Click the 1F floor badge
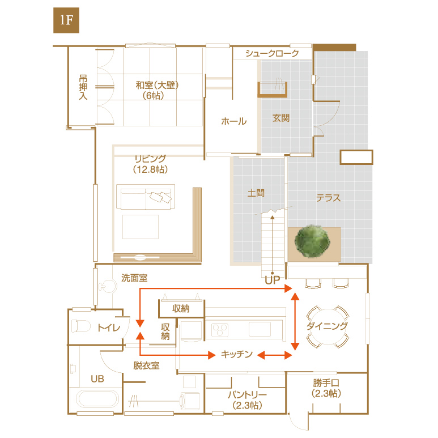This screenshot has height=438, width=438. pos(66,20)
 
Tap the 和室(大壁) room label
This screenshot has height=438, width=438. pos(157,85)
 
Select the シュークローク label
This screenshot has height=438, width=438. pos(272,53)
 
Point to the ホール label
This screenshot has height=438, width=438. pos(234,121)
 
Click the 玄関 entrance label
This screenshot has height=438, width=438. pos(281,118)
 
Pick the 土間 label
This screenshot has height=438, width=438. pos(256,193)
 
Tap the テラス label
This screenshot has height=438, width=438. pos(329,198)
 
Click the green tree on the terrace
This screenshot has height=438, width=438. pos(312,241)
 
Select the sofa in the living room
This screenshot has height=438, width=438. pos(146,197)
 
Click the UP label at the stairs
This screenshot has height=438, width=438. pos(273,280)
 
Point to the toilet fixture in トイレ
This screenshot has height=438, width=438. pos(80,326)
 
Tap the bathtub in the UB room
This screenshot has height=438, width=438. pos(97,398)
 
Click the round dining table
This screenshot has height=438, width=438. pos(328,326)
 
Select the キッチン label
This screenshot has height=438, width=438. pos(237,354)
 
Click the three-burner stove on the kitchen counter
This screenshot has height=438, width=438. pos(220,330)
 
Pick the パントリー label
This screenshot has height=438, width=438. pos(248,395)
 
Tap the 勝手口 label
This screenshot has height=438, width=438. pos(326,382)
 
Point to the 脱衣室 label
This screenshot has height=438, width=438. pos(146,365)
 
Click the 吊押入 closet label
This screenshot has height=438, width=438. pos(83,87)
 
